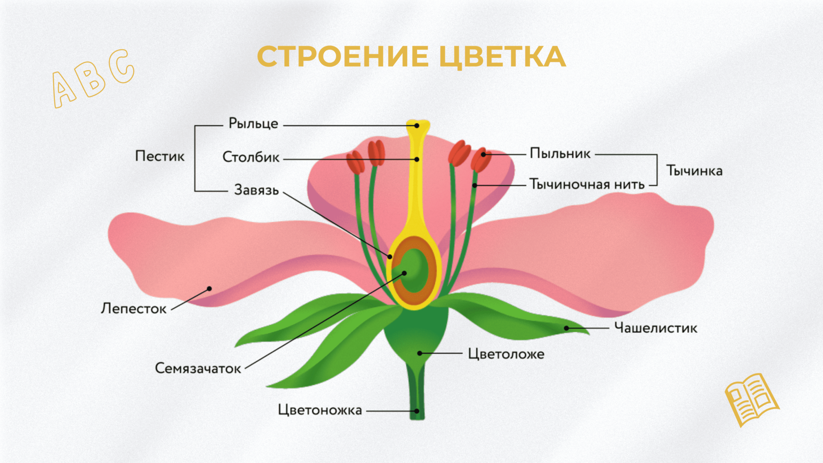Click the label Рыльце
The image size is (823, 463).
tap(253, 123)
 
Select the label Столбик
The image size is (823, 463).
tap(251, 157)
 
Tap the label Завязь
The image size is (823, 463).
tap(256, 190)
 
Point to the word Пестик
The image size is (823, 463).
tap(160, 156)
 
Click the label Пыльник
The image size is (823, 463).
tap(560, 154)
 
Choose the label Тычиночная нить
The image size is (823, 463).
tap(587, 185)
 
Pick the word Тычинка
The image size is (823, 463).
tap(694, 171)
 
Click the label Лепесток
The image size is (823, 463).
tap(134, 309)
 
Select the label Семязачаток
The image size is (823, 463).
tap(198, 368)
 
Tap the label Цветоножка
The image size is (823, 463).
tap(320, 410)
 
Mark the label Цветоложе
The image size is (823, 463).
tap(506, 354)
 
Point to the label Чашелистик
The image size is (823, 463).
tap(655, 328)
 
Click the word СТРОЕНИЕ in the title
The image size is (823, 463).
tap(342, 56)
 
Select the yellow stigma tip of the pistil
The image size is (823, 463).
tap(417, 125)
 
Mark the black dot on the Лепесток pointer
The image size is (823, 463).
tap(209, 289)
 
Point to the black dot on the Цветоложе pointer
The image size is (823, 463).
tap(420, 353)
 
